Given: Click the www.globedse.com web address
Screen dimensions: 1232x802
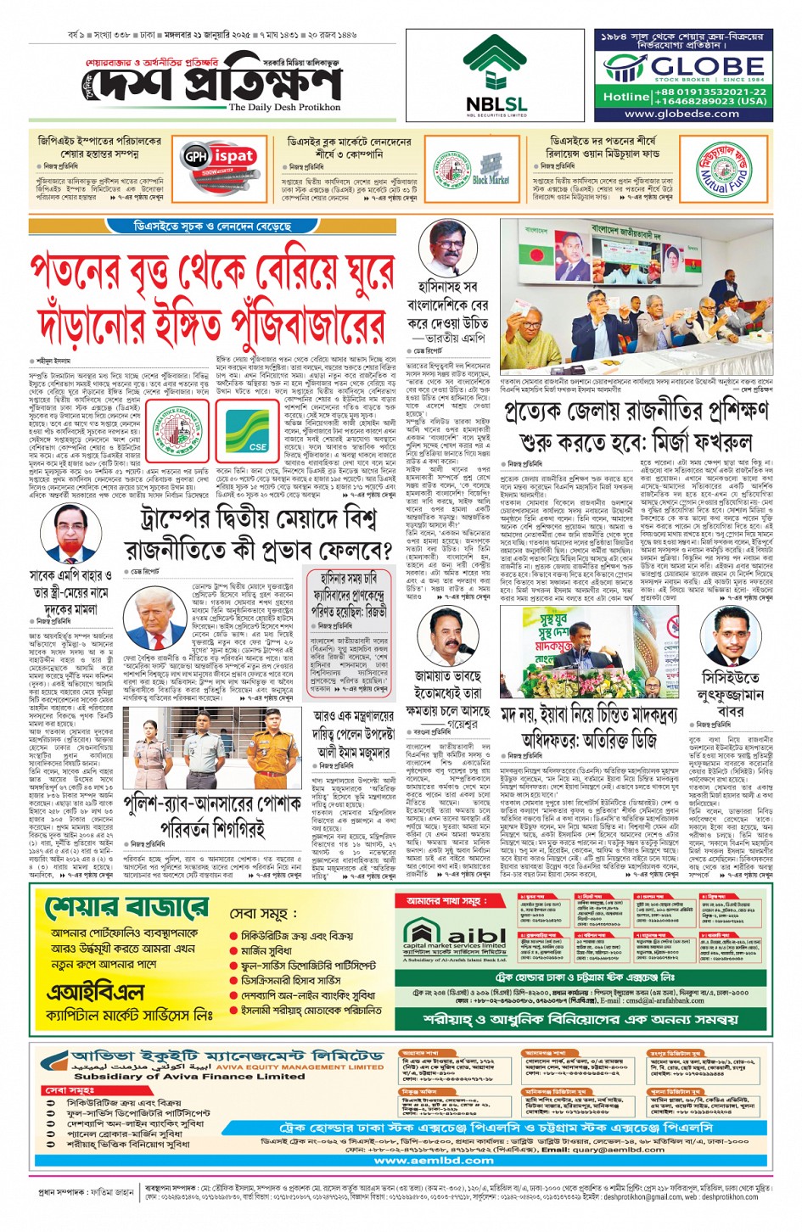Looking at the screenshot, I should coord(681,114).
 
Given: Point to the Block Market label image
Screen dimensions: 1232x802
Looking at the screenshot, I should coord(491,179).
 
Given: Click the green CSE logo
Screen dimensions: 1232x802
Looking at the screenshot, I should coord(256,432).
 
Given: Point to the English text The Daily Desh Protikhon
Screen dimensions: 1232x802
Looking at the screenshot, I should coord(284,108).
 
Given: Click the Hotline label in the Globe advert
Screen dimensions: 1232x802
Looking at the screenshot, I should coord(625,97).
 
